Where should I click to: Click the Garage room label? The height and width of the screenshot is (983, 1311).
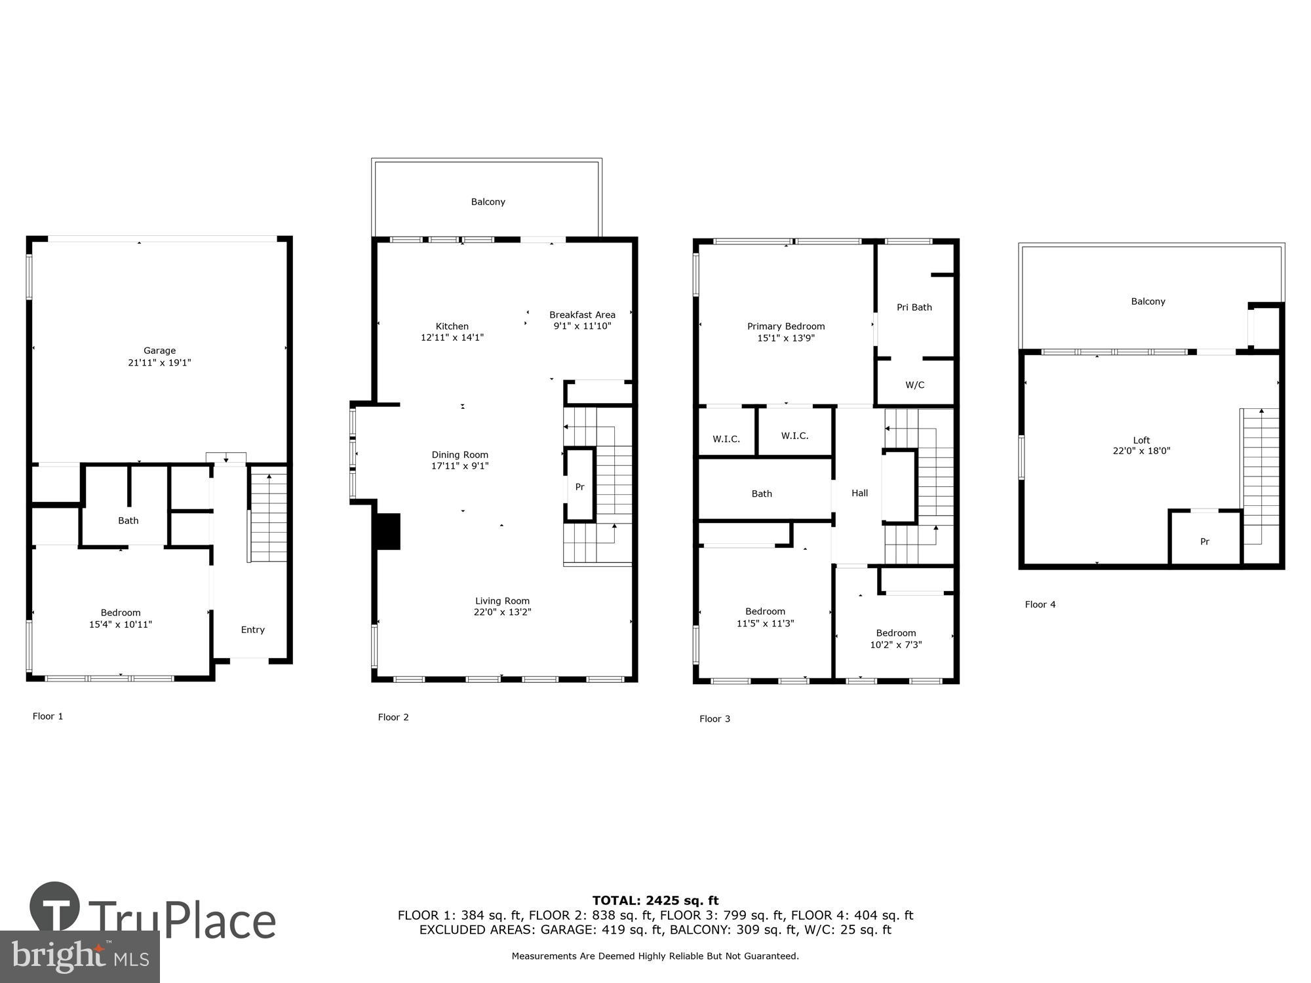click(159, 351)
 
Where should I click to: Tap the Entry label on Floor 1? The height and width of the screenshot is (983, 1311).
click(252, 630)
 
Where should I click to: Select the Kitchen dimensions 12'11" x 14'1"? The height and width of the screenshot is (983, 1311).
click(452, 337)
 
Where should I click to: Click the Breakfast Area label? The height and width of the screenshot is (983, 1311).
click(582, 315)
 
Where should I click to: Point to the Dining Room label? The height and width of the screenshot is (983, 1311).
click(460, 455)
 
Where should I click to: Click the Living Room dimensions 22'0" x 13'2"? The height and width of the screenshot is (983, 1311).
click(502, 612)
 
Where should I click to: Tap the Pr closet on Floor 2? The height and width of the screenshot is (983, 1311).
click(579, 487)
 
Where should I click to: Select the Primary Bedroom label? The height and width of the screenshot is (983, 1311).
click(786, 326)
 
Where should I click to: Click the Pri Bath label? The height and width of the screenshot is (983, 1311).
click(914, 307)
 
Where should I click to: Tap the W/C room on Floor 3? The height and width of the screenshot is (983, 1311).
click(914, 385)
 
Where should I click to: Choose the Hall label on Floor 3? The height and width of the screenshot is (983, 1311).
click(859, 493)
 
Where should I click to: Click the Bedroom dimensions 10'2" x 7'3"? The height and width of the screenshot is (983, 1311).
click(895, 645)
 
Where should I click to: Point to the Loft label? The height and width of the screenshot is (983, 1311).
click(1141, 440)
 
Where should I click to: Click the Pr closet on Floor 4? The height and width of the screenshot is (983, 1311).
click(1204, 541)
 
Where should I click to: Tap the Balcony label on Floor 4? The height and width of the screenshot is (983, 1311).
click(1148, 301)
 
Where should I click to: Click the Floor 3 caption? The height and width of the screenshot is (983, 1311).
click(714, 719)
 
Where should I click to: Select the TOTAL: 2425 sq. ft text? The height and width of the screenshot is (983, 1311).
click(655, 900)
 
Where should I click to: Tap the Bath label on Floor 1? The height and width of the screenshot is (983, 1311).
click(128, 520)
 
